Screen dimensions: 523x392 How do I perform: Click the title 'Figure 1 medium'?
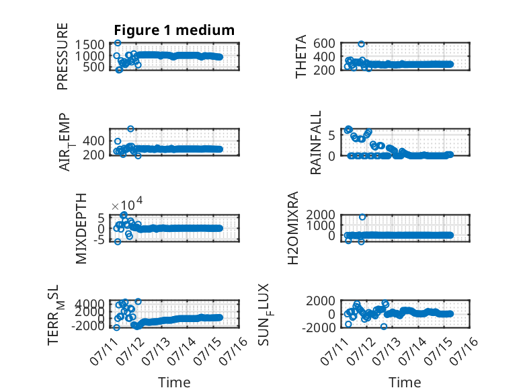(x=174, y=30)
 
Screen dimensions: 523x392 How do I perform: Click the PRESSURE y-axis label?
(x=63, y=56)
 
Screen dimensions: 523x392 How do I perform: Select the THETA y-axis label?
(x=301, y=56)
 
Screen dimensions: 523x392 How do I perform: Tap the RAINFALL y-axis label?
(x=315, y=143)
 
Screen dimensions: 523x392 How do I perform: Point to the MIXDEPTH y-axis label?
(x=81, y=229)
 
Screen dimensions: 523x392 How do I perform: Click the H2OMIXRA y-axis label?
(x=292, y=228)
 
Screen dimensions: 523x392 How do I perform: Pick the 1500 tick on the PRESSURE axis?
(x=89, y=44)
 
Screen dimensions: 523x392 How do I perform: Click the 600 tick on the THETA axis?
(x=324, y=44)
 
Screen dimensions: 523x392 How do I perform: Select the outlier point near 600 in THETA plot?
(x=361, y=44)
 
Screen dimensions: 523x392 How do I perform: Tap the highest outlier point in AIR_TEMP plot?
(x=130, y=129)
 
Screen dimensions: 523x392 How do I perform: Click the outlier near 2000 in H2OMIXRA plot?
(x=362, y=217)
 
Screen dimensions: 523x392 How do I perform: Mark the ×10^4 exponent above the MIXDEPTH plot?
(x=127, y=204)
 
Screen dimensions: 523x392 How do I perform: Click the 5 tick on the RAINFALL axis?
(x=331, y=135)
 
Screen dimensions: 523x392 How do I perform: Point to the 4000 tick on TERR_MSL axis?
(x=89, y=304)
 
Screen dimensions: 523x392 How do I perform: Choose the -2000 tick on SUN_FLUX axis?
(x=319, y=327)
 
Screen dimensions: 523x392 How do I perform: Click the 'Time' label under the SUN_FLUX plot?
(x=405, y=383)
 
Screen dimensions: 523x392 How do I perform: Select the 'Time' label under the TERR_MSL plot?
(x=174, y=383)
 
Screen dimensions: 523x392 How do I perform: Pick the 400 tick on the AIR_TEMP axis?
(x=93, y=141)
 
